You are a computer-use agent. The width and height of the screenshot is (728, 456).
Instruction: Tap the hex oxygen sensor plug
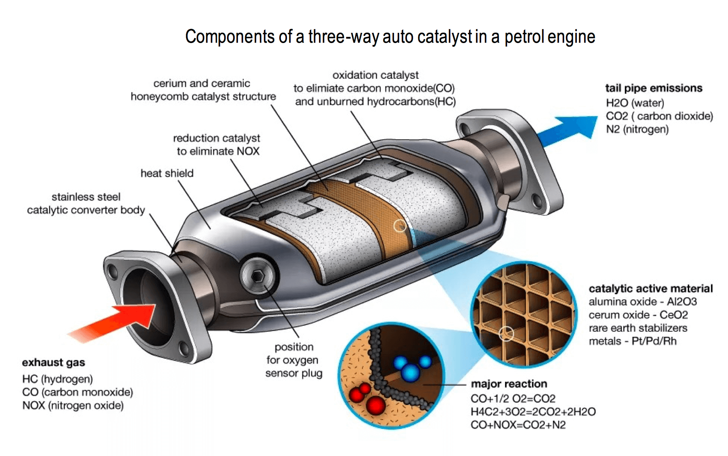click(258, 276)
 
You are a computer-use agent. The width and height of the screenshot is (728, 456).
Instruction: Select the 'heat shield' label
click(167, 173)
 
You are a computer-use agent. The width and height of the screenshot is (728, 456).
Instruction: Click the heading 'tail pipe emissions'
click(653, 88)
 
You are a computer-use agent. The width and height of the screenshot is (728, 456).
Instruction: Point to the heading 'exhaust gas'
click(54, 362)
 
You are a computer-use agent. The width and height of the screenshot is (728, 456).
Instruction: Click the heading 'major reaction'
click(509, 384)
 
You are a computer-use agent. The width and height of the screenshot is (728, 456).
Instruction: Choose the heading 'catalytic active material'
click(651, 288)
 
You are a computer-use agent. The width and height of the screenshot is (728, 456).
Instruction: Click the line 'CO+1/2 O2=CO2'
click(513, 398)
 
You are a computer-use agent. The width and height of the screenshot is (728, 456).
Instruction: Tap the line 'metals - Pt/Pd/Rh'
click(632, 341)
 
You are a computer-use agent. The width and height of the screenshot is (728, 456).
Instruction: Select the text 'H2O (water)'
click(635, 103)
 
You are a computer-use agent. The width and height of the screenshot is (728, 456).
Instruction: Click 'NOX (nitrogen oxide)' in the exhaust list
click(73, 405)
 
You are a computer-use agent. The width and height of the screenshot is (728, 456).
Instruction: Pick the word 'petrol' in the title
click(525, 37)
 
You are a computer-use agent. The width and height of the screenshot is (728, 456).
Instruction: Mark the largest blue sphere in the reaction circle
click(411, 372)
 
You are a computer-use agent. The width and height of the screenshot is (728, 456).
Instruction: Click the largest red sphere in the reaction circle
click(375, 405)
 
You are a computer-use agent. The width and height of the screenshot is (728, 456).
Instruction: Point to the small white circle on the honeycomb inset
click(506, 334)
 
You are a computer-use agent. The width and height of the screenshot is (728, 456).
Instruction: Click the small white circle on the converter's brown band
click(400, 226)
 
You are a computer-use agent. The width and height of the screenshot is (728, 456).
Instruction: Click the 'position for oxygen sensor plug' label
click(294, 360)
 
